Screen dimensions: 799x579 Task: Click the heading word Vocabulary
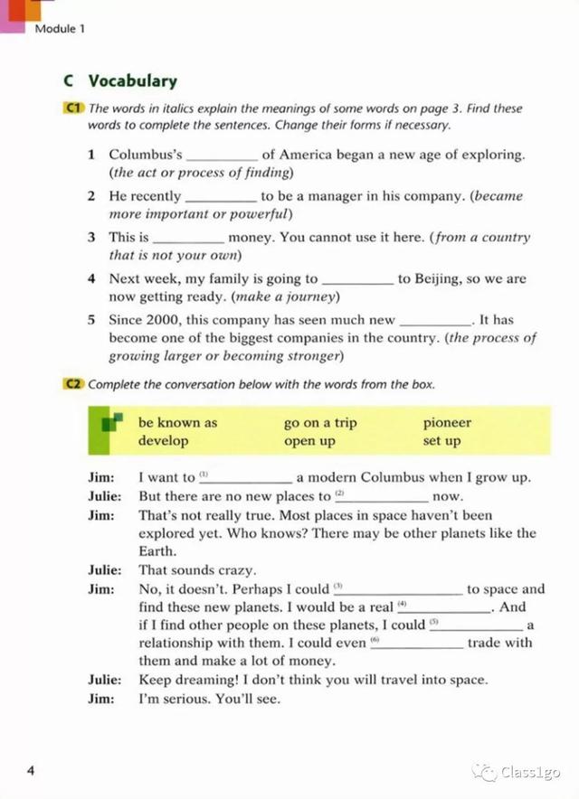click(132, 81)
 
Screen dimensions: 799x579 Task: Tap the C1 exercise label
click(73, 108)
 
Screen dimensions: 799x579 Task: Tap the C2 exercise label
click(73, 384)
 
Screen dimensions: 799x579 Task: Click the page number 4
click(31, 770)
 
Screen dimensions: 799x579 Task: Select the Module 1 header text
click(60, 29)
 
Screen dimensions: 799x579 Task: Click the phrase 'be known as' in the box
click(177, 423)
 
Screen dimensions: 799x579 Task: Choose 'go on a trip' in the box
click(320, 423)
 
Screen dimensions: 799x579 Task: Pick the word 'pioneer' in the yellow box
click(447, 423)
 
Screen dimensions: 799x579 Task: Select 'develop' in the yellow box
click(164, 441)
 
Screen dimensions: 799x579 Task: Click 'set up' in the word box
click(441, 441)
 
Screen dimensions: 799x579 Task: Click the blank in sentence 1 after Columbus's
click(223, 156)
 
